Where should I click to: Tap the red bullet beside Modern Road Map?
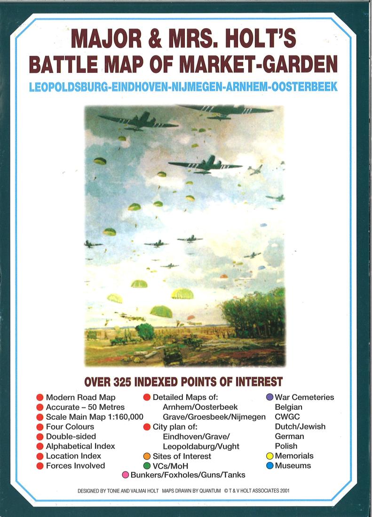tap(40, 398)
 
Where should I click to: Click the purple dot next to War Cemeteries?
tap(269, 397)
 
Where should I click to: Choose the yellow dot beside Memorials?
tap(269, 456)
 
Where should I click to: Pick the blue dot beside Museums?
tap(269, 466)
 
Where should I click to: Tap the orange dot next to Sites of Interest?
tap(147, 456)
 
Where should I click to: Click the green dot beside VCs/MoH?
tap(147, 466)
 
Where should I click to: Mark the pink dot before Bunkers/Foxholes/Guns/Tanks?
tap(126, 475)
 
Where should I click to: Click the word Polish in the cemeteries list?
tap(286, 446)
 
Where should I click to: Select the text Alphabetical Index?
tap(80, 446)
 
